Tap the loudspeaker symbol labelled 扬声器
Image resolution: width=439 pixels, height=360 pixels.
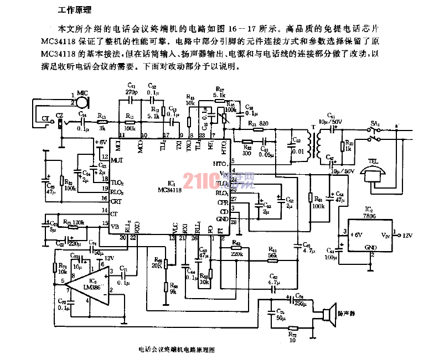[x=331, y=315]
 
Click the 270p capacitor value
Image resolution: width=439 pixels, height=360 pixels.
[x=131, y=92]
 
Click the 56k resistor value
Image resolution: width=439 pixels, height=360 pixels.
[x=272, y=255]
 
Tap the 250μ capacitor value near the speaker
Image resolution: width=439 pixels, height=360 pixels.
[x=301, y=303]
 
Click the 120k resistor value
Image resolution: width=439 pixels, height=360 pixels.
[x=78, y=223]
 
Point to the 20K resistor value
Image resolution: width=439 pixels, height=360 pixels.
[x=158, y=265]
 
